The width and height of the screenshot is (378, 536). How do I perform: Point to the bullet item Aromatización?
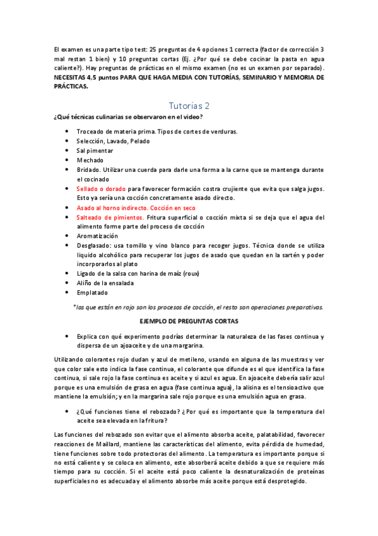(97, 236)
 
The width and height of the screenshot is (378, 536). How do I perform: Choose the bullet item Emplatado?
(92, 293)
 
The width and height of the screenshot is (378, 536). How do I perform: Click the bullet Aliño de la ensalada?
(105, 283)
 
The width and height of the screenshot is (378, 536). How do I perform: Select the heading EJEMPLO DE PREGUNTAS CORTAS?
(189, 321)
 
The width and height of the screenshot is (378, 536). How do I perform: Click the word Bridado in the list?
(88, 170)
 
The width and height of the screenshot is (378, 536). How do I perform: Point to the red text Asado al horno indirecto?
(114, 207)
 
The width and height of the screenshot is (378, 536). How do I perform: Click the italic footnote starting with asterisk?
(198, 307)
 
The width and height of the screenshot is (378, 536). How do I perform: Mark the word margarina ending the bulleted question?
(186, 346)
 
